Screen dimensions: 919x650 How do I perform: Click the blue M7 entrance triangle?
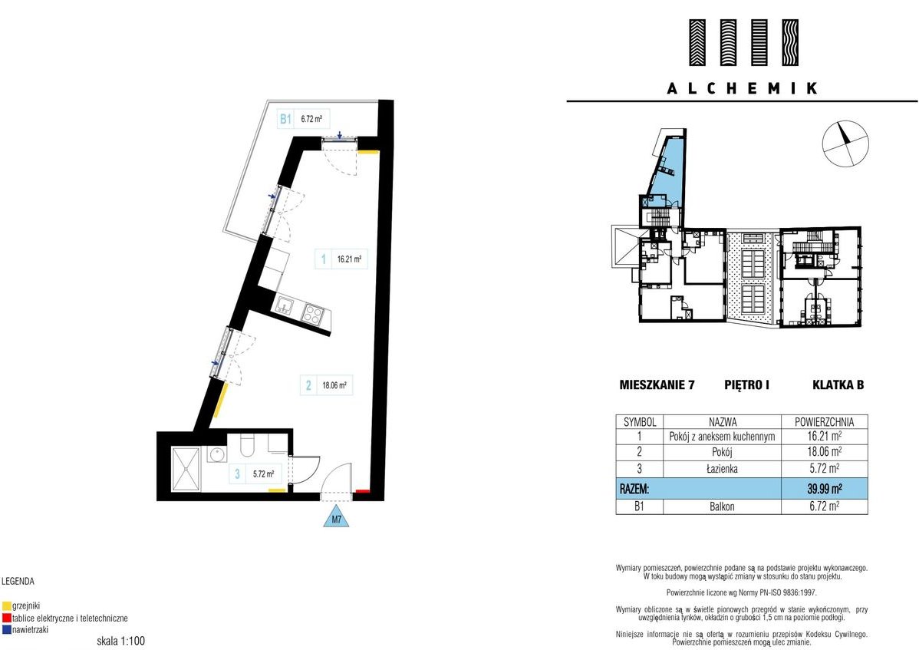[x=337, y=518]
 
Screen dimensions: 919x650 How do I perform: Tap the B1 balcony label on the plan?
[x=285, y=119]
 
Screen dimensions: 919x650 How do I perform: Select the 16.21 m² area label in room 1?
[x=349, y=259]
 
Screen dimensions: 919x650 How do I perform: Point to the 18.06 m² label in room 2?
[x=334, y=386]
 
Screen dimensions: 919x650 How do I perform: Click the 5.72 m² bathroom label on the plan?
[x=263, y=474]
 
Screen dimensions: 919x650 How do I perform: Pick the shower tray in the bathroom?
[x=186, y=470]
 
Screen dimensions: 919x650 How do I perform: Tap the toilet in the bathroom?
[x=247, y=445]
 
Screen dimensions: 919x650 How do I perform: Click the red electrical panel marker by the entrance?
[x=363, y=491]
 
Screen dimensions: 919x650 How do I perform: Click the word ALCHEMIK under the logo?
[x=742, y=88]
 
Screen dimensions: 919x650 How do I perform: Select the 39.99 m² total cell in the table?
[x=825, y=488]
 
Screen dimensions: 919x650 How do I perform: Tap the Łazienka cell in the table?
[x=722, y=468]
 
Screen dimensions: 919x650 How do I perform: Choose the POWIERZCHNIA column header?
[x=824, y=421]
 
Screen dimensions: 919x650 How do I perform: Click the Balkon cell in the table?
[x=722, y=506]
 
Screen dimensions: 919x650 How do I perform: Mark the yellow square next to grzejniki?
[x=7, y=606]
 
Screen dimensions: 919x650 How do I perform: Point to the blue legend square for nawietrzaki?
[x=7, y=630]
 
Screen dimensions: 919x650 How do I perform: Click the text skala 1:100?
[x=120, y=642]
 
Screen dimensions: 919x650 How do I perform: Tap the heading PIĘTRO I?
[x=746, y=385]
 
